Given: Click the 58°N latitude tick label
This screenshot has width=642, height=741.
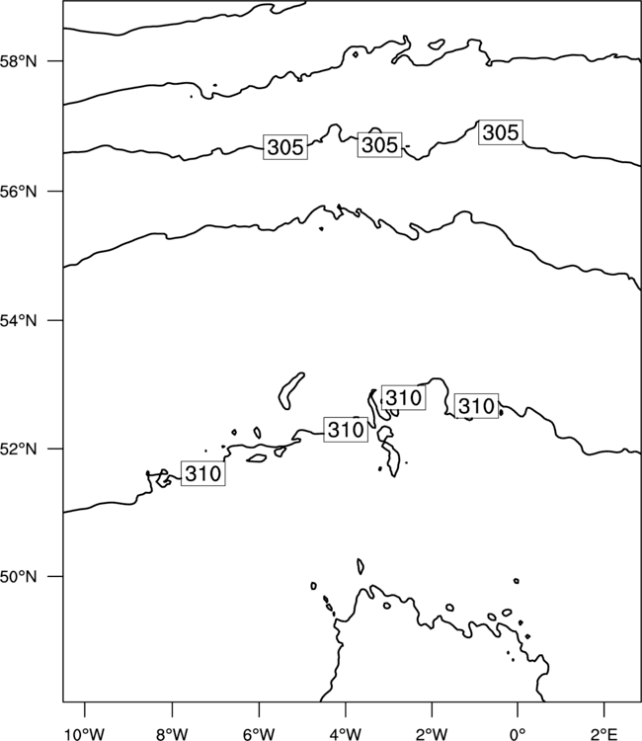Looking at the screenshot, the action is [x=18, y=61].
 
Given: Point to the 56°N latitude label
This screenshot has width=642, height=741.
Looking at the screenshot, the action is [x=18, y=192].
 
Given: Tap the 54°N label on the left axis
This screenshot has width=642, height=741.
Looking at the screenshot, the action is [x=18, y=321].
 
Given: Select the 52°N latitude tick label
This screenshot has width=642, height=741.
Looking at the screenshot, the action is [x=18, y=449].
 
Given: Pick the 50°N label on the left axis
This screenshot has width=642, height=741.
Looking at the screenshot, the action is [x=18, y=577].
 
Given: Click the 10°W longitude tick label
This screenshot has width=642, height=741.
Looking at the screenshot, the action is [x=84, y=734].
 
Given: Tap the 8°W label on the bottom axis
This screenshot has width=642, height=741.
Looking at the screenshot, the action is [x=172, y=734].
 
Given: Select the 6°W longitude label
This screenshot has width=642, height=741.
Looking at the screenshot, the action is [x=259, y=734].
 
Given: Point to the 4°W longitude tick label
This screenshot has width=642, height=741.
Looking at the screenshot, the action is [x=346, y=734].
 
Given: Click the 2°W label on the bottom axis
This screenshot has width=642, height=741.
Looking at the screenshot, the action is [x=432, y=734].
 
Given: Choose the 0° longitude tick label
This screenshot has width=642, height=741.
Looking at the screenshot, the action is [x=518, y=734].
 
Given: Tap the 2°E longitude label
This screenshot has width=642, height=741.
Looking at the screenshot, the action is [x=604, y=734].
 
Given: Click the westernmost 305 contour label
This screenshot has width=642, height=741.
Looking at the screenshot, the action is [x=285, y=147].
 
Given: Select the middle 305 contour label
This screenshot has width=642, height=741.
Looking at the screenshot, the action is [x=379, y=144].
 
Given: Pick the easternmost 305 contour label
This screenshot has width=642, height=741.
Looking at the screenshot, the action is [x=501, y=132].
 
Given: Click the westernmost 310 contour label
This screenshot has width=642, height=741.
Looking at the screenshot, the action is [x=203, y=473].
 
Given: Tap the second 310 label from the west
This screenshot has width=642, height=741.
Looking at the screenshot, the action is [x=346, y=430].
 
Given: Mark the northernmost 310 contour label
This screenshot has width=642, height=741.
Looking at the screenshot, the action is [x=403, y=397].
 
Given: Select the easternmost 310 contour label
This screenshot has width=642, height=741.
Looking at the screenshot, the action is [x=476, y=405].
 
